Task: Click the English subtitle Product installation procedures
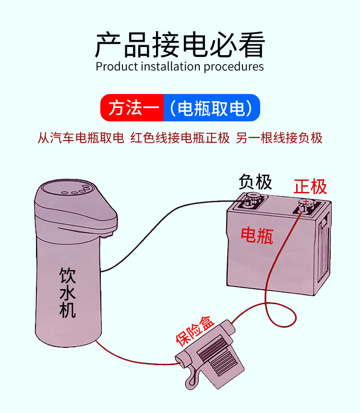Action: (x=180, y=66)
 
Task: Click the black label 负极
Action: (x=255, y=182)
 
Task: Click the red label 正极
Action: (x=310, y=186)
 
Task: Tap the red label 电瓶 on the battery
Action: (x=257, y=235)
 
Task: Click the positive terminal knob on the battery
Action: (x=304, y=203)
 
